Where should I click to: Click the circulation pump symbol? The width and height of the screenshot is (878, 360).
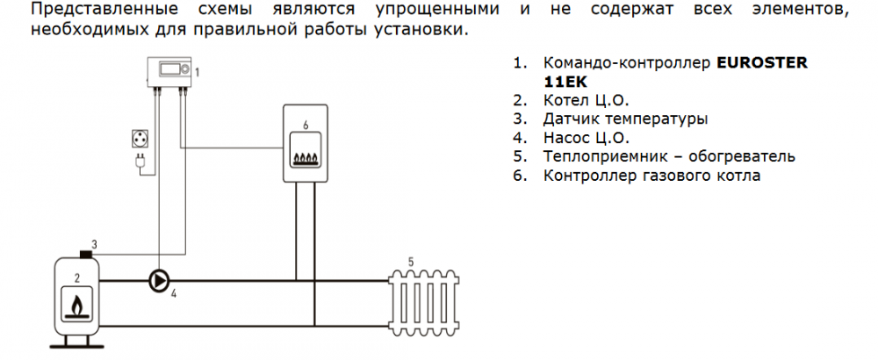coord(159,281)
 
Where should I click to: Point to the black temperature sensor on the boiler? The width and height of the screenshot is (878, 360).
coord(87,255)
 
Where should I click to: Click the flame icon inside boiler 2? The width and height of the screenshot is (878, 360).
coord(78,306)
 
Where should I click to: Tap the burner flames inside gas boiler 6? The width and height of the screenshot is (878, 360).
coord(305,159)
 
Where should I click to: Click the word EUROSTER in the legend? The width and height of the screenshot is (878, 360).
coord(760,64)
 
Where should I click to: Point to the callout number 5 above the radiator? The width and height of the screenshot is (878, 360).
coord(410,261)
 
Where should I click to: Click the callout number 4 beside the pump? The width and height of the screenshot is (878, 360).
coord(174,293)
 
